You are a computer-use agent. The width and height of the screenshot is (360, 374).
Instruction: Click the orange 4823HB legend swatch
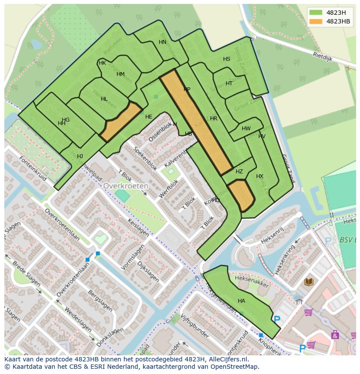click(x=316, y=21)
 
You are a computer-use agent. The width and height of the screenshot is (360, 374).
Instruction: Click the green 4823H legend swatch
click(x=316, y=13)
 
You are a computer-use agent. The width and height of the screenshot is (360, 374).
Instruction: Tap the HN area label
click(x=163, y=42)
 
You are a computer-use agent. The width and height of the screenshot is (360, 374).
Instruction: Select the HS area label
click(x=227, y=59)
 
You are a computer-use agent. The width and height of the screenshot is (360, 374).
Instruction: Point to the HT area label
click(x=229, y=83)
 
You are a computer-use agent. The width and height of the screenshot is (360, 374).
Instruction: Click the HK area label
click(x=103, y=63)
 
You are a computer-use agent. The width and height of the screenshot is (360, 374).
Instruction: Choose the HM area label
click(x=120, y=74)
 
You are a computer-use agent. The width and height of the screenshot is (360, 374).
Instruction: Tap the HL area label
click(x=104, y=99)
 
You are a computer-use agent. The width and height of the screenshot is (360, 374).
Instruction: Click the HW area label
click(x=246, y=129)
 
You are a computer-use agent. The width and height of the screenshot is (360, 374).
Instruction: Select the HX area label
click(x=260, y=176)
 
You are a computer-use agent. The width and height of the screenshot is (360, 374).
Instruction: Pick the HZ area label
click(x=239, y=172)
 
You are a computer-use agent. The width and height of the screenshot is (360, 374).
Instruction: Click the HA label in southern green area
click(x=241, y=301)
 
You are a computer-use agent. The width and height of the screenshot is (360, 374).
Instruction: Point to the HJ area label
click(x=80, y=156)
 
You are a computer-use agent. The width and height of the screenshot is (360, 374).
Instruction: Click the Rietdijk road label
click(x=322, y=56)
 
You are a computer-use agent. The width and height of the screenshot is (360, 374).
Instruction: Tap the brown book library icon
click(x=309, y=282)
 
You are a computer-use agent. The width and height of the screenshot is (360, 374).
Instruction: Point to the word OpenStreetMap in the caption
click(x=235, y=367)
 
